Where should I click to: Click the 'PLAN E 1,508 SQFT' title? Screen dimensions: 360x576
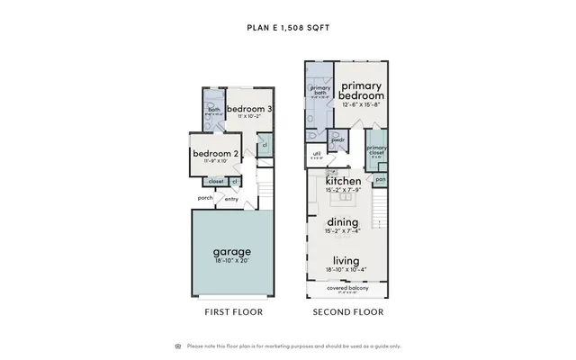[288, 27]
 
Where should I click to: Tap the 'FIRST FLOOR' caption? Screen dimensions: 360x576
[232, 312]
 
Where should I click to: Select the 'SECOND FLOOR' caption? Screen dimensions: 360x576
[348, 312]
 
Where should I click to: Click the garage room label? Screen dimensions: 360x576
[231, 251]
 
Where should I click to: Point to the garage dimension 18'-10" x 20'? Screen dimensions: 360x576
[231, 261]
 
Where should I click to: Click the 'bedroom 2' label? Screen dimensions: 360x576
[216, 153]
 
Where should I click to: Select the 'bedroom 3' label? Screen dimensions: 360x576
[249, 109]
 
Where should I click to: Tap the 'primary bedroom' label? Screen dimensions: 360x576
[363, 90]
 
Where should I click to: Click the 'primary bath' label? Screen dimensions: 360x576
[319, 91]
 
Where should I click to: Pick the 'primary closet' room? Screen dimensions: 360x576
[376, 150]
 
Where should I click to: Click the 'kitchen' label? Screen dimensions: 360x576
[342, 180]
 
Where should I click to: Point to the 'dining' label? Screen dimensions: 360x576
[342, 222]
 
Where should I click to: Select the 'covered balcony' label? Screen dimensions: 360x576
[343, 288]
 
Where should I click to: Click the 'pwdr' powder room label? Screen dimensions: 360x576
[338, 140]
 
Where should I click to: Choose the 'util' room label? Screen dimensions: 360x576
[317, 154]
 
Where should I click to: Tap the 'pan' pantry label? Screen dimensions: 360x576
[381, 178]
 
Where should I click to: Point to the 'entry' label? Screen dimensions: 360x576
[231, 200]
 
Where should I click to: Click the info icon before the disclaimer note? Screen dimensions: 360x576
[177, 346]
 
